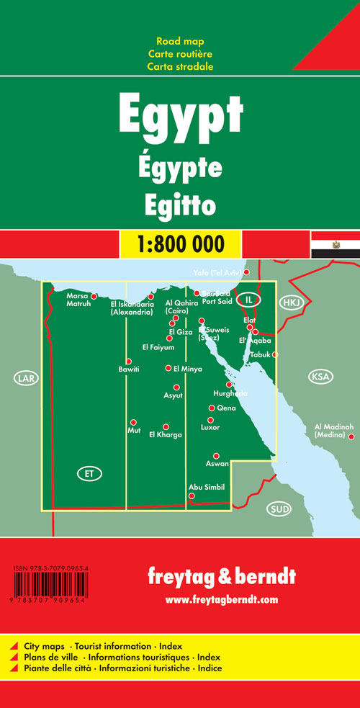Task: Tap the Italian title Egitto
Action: [179, 204]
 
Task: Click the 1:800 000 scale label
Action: [179, 243]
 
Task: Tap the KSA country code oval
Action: [318, 377]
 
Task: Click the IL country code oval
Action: [249, 299]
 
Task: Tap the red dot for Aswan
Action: [215, 456]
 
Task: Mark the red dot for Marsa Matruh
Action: [94, 296]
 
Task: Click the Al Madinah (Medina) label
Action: [333, 431]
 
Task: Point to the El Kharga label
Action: [165, 435]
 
